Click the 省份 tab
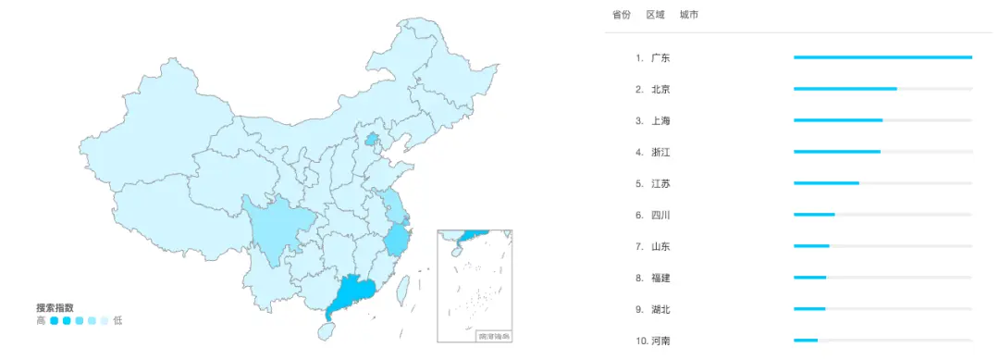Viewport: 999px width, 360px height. (x=621, y=15)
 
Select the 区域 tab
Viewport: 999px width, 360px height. (x=655, y=15)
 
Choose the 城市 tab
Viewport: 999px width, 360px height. (x=688, y=15)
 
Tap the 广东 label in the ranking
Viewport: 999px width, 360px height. (x=660, y=58)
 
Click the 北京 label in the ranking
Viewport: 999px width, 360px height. (x=660, y=90)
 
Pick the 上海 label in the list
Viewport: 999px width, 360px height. (x=660, y=121)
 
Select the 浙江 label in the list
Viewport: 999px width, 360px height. (x=660, y=153)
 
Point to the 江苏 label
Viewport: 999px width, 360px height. (x=660, y=184)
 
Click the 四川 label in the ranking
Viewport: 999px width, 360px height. (x=660, y=216)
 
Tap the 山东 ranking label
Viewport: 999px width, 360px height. (x=660, y=247)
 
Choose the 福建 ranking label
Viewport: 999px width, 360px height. (x=660, y=279)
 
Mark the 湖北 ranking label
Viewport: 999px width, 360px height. (x=660, y=310)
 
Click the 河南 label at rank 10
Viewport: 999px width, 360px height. (x=660, y=341)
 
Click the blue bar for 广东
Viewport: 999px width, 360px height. (x=882, y=57)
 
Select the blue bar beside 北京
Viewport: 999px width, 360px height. (x=845, y=89)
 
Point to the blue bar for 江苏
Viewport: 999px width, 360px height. (x=826, y=183)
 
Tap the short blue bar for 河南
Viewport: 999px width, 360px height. (x=806, y=341)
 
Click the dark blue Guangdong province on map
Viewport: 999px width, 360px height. (x=351, y=293)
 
